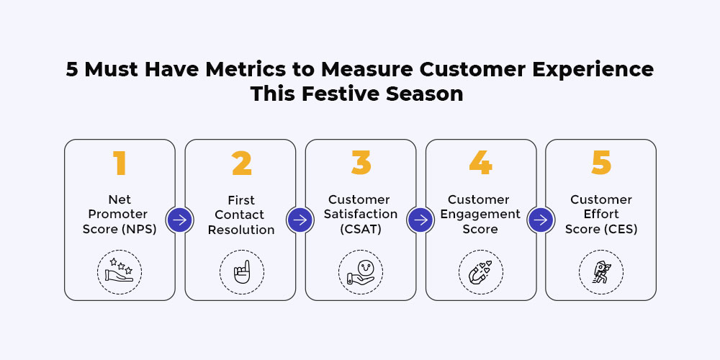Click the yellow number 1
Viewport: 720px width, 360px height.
pyautogui.click(x=120, y=163)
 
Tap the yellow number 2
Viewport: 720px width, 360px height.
pyautogui.click(x=241, y=163)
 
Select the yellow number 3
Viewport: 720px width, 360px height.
pyautogui.click(x=361, y=163)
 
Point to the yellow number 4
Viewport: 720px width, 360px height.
pyautogui.click(x=481, y=163)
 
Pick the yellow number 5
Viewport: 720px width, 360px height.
pyautogui.click(x=601, y=163)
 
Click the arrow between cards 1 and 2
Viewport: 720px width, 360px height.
pyautogui.click(x=179, y=220)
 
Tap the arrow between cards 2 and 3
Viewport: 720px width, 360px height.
pyautogui.click(x=300, y=220)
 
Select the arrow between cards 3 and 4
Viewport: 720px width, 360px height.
pyautogui.click(x=420, y=220)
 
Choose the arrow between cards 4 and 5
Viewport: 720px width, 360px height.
pyautogui.click(x=541, y=220)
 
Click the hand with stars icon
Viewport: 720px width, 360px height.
pyautogui.click(x=120, y=271)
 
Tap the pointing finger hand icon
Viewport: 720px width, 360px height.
pyautogui.click(x=241, y=272)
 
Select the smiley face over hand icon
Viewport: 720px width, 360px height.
pyautogui.click(x=361, y=272)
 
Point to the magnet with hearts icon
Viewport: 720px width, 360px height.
pyautogui.click(x=480, y=273)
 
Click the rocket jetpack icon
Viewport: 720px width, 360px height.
pyautogui.click(x=600, y=272)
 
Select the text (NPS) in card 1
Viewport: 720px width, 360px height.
pyautogui.click(x=140, y=229)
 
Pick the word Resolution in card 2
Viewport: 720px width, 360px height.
pyautogui.click(x=241, y=230)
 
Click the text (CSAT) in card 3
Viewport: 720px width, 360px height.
pyautogui.click(x=361, y=229)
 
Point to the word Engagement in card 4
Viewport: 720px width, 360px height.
pyautogui.click(x=480, y=215)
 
